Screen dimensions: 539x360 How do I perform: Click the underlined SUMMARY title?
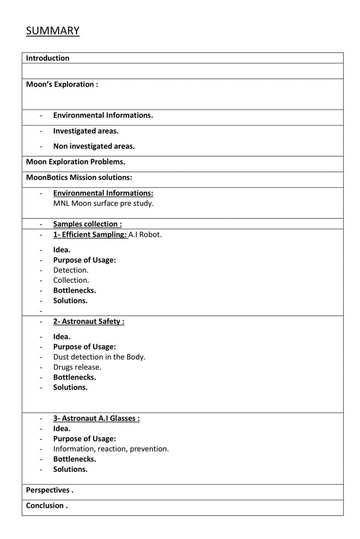tap(53, 31)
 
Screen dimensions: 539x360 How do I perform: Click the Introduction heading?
tap(48, 58)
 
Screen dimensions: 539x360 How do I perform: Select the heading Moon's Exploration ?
tap(62, 84)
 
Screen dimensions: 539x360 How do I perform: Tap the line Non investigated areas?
tap(94, 146)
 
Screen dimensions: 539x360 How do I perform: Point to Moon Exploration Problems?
tap(76, 161)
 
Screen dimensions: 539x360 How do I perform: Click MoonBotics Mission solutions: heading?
tap(79, 177)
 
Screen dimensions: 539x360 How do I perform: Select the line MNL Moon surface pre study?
tap(103, 203)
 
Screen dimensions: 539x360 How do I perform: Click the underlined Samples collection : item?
tap(87, 224)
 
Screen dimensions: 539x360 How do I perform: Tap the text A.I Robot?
tap(145, 235)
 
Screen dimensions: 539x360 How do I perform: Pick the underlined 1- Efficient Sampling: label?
tap(90, 235)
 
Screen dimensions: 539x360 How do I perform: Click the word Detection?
tap(71, 270)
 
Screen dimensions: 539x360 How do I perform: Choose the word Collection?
tap(71, 280)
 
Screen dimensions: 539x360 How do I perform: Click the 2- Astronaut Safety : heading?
tap(89, 322)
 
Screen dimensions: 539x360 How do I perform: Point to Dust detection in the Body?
tap(99, 357)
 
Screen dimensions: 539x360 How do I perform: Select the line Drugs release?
tap(77, 367)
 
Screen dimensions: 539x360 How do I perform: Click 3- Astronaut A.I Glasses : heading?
tap(96, 418)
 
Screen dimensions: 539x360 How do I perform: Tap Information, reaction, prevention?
tap(111, 449)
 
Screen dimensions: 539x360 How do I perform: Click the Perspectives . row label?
tap(49, 490)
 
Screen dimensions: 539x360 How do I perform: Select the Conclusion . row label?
tap(47, 505)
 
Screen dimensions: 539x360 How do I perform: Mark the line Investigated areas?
tap(86, 131)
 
